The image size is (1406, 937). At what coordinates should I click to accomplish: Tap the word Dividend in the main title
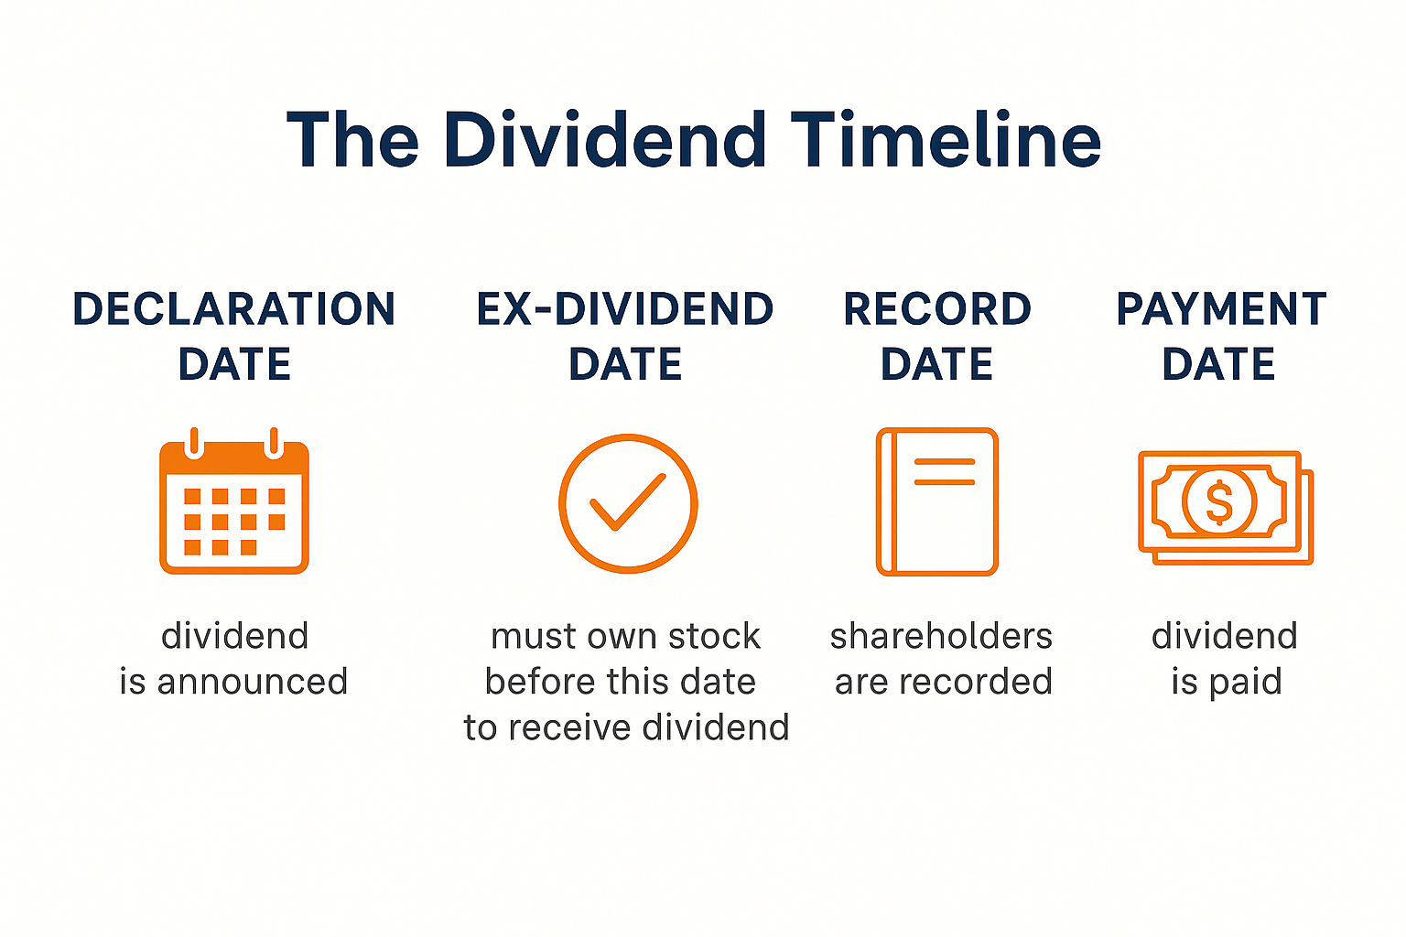605,140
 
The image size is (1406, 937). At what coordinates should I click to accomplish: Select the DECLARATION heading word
234,309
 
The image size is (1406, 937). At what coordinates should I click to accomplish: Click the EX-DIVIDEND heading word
625,309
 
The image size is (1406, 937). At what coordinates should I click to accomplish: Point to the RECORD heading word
937,309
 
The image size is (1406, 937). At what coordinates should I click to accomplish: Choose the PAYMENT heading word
1221,309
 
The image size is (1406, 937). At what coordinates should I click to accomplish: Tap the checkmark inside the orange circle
628,502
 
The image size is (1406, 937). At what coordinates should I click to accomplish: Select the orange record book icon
937,501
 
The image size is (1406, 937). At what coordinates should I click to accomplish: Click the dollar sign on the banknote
1218,502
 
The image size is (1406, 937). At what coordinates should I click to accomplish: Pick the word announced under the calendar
253,682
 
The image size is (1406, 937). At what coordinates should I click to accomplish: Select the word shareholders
941,636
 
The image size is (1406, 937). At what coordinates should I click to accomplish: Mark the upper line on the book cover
945,461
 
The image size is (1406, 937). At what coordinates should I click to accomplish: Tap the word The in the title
353,140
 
